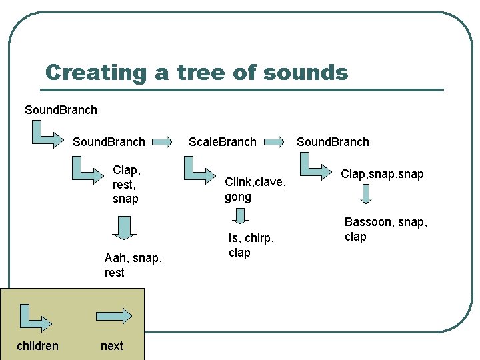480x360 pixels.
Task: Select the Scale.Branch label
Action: click(x=222, y=142)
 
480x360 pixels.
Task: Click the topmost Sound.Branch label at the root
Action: click(x=61, y=110)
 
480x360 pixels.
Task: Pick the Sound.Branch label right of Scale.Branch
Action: click(x=333, y=142)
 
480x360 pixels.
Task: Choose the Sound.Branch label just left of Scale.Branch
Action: click(x=109, y=142)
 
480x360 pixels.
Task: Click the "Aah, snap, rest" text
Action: click(x=133, y=265)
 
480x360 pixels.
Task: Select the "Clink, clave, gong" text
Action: click(x=255, y=189)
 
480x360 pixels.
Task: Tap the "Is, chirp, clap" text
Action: click(x=251, y=245)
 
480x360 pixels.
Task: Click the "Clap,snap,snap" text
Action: click(x=382, y=174)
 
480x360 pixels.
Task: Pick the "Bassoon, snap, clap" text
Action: click(x=385, y=229)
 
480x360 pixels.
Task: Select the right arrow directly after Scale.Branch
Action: click(x=275, y=141)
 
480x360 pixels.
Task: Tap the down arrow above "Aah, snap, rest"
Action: click(x=123, y=226)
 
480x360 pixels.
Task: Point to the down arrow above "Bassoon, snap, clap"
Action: click(x=365, y=195)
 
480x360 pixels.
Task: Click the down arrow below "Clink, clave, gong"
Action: click(x=241, y=216)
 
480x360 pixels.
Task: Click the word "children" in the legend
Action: click(x=37, y=345)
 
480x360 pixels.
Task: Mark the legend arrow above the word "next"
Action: click(x=115, y=315)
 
